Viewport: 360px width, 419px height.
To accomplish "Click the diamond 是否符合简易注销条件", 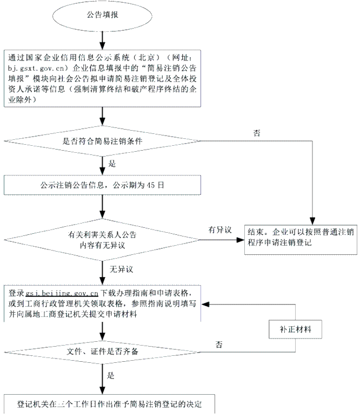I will pos(103,142).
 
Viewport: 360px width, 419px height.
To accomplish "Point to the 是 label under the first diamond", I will pos(112,164).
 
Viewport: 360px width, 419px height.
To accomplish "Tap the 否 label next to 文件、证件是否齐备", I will pos(219,344).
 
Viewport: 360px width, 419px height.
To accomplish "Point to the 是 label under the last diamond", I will pos(112,375).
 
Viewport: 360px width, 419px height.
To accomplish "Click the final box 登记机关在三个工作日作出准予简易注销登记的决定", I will pos(103,404).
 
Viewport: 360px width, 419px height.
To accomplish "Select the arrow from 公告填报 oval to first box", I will pos(102,39).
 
